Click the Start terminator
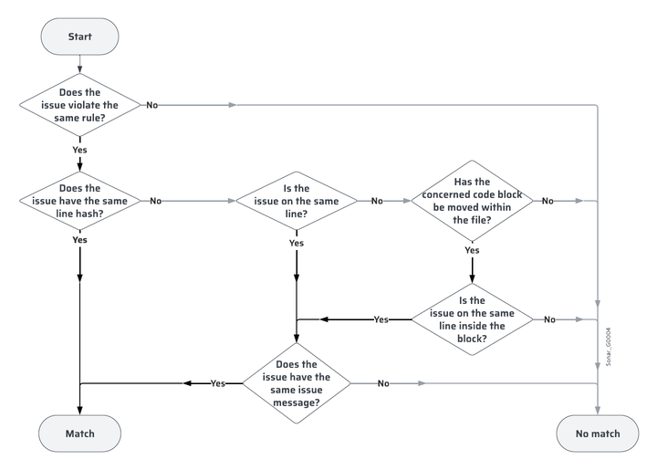click(x=79, y=37)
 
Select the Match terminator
click(x=79, y=433)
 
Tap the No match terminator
click(x=598, y=433)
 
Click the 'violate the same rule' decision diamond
click(x=80, y=105)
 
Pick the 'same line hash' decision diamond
click(x=80, y=201)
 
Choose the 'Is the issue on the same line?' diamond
click(x=296, y=201)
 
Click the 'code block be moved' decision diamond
click(x=472, y=201)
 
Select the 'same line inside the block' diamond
click(x=472, y=319)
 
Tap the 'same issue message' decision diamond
click(x=297, y=383)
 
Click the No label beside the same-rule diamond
click(x=151, y=105)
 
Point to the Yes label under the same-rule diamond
click(x=80, y=148)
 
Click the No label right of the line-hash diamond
click(x=156, y=201)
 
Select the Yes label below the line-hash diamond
click(x=80, y=240)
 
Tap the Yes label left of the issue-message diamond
click(x=218, y=383)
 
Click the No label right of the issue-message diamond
click(x=383, y=383)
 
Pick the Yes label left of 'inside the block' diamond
click(x=381, y=319)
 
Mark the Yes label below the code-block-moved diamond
click(x=472, y=250)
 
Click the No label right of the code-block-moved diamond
click(x=547, y=201)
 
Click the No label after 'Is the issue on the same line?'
click(x=377, y=201)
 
